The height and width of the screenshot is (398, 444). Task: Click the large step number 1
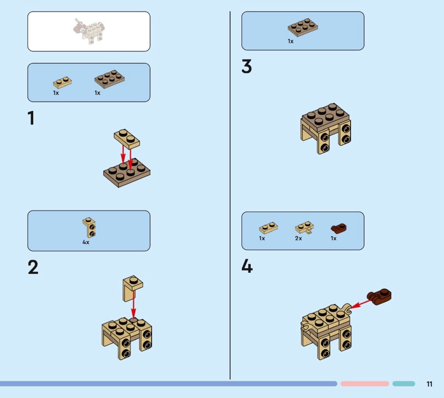click(32, 118)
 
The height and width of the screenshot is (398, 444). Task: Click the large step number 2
click(33, 267)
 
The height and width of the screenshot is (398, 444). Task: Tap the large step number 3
click(246, 67)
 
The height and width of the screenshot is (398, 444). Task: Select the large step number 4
click(247, 267)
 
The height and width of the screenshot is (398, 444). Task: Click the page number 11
click(429, 384)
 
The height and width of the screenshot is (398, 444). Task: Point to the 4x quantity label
click(86, 242)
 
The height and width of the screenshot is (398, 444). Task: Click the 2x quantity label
click(299, 238)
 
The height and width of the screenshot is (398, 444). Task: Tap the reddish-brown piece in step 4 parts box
click(339, 228)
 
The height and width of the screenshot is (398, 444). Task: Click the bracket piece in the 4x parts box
click(89, 227)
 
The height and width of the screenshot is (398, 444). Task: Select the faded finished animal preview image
click(88, 31)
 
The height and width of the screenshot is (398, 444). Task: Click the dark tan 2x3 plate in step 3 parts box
click(303, 27)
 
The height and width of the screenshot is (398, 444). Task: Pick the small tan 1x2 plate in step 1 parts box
click(62, 82)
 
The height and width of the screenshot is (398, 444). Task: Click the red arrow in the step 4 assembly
click(362, 304)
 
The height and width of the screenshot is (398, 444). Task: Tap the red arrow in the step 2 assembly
click(133, 305)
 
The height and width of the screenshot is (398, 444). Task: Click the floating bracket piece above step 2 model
click(133, 289)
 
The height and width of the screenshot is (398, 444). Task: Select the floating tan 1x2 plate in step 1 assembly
click(127, 139)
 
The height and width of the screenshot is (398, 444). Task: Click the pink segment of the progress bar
click(365, 384)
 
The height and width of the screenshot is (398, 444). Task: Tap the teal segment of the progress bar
click(404, 384)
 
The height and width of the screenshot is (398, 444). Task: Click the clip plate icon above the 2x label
click(304, 228)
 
